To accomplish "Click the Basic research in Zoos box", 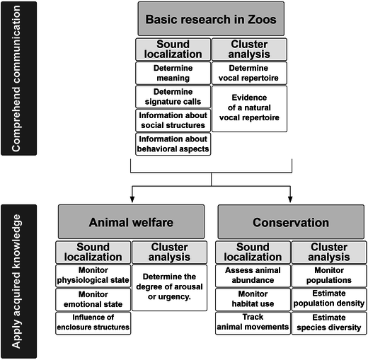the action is [211, 19].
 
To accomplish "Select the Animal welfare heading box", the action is [131, 222].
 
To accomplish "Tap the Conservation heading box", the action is [291, 222].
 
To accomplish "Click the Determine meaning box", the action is [173, 73].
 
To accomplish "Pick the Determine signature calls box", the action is [173, 97].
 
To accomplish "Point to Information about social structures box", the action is [173, 120].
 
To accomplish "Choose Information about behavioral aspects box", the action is [173, 144].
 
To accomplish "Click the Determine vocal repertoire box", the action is [249, 73].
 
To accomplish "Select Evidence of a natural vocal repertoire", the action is [249, 109].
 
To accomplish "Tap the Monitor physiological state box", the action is [93, 276].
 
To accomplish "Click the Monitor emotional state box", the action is [93, 299].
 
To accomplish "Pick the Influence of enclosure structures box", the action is [93, 323].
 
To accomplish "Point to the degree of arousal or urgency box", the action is [170, 288].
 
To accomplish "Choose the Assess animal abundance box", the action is [253, 276].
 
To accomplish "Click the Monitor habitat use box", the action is [253, 299].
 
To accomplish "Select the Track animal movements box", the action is [253, 323].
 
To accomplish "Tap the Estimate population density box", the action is [329, 299].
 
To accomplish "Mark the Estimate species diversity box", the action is [329, 323].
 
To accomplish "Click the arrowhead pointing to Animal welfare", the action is [132, 199].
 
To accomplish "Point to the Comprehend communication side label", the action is [18, 79].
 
